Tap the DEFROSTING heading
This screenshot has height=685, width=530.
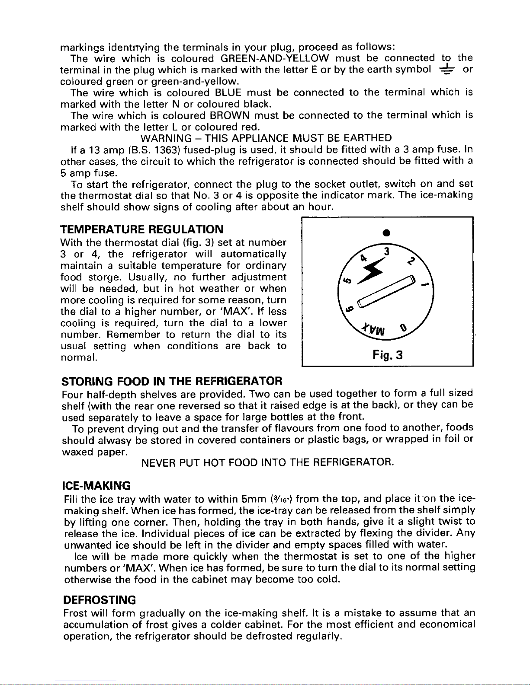coord(100,600)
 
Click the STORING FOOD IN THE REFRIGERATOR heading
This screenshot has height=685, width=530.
coord(173,381)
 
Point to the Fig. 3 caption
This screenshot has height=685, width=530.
coord(388,355)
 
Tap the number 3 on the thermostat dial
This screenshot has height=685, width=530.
coord(388,252)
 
